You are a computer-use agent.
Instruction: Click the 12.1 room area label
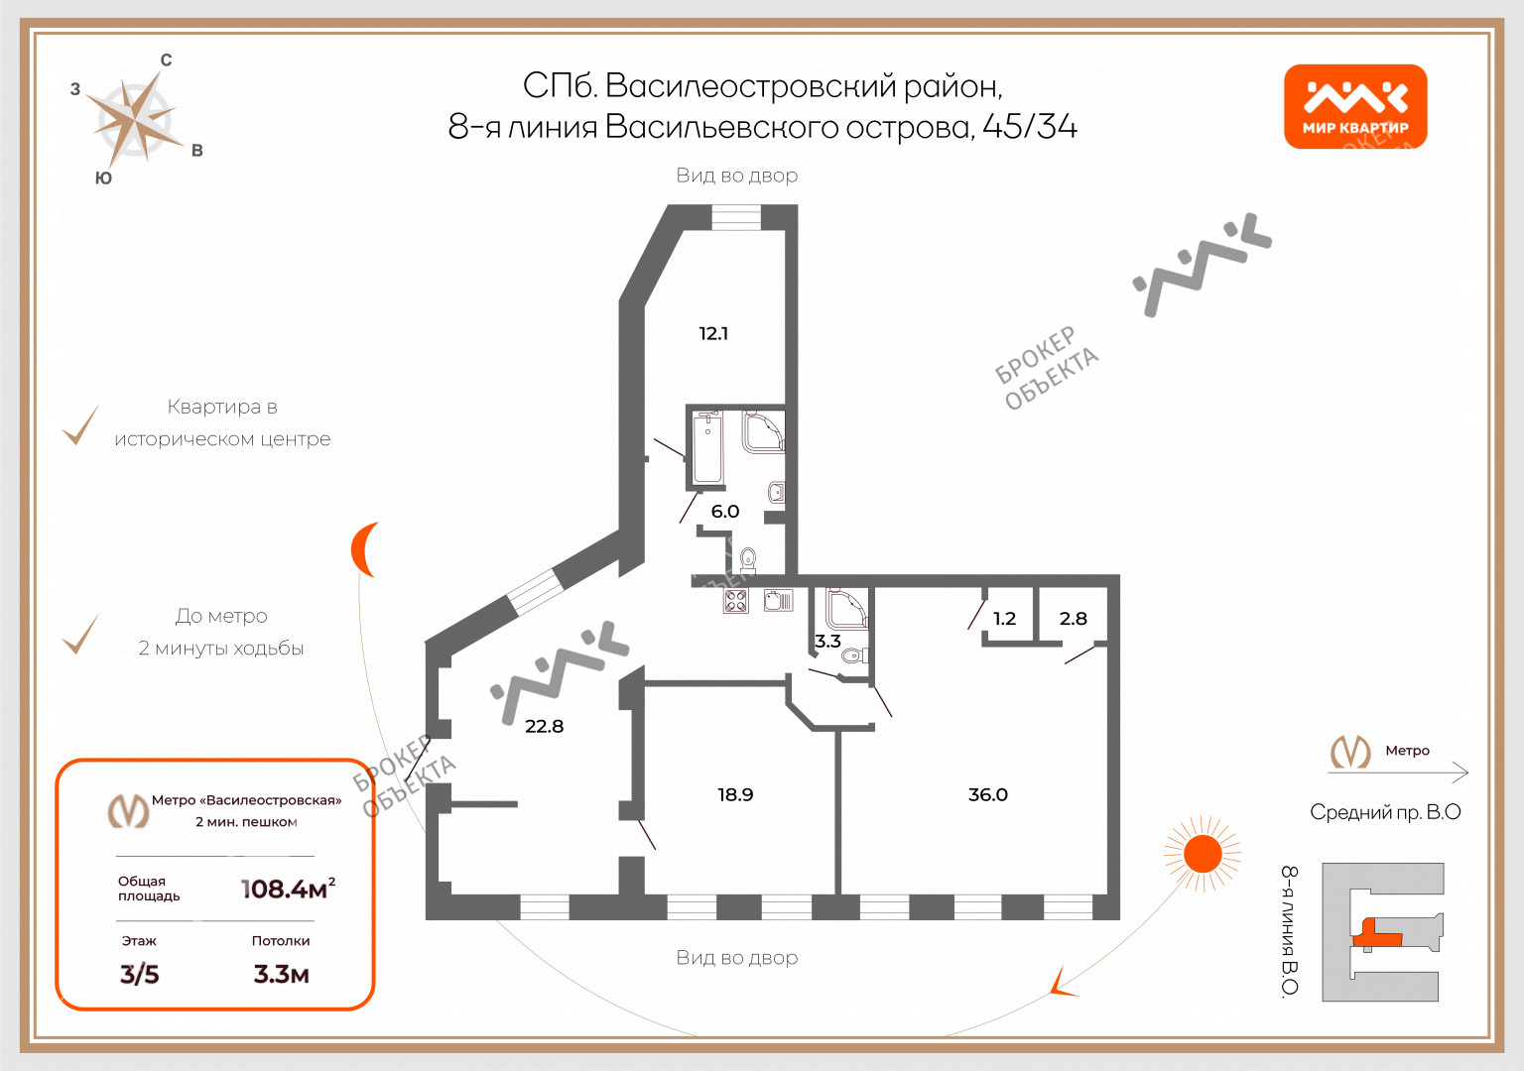[713, 333]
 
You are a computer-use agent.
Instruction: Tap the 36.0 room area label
[988, 794]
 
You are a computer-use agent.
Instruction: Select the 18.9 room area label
[735, 794]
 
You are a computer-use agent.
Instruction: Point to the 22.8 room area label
[545, 726]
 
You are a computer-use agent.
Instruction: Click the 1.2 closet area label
[1004, 618]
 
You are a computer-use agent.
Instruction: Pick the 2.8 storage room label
[1073, 618]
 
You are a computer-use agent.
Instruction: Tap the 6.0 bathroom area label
[725, 512]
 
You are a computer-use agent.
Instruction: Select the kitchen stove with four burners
[735, 601]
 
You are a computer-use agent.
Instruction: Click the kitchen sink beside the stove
[778, 600]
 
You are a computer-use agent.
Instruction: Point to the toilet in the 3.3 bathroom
[854, 655]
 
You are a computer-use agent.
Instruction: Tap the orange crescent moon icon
[364, 549]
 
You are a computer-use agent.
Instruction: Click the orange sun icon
[1203, 854]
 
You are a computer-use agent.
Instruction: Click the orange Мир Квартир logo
[1355, 106]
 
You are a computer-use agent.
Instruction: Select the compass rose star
[136, 120]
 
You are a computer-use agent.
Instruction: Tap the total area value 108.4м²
[289, 889]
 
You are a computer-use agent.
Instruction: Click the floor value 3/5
[140, 975]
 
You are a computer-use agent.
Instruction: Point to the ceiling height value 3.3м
[281, 975]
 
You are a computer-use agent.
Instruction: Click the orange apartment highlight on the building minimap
[1376, 934]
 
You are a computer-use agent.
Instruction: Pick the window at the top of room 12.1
[736, 217]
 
